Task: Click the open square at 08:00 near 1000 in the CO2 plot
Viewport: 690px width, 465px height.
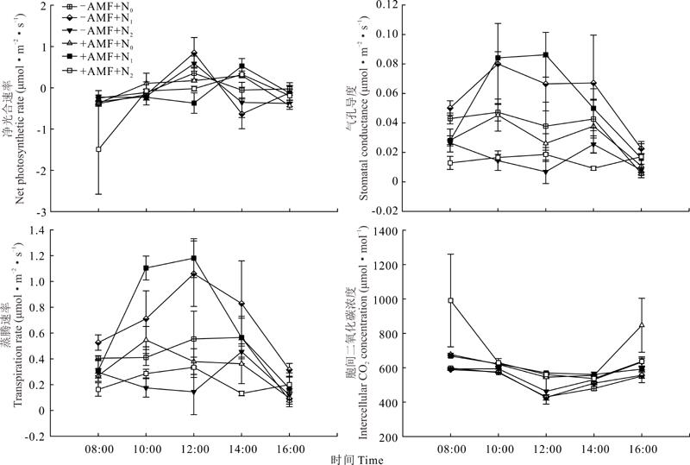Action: pyautogui.click(x=450, y=300)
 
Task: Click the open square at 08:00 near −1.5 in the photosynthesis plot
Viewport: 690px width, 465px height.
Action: pyautogui.click(x=98, y=149)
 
